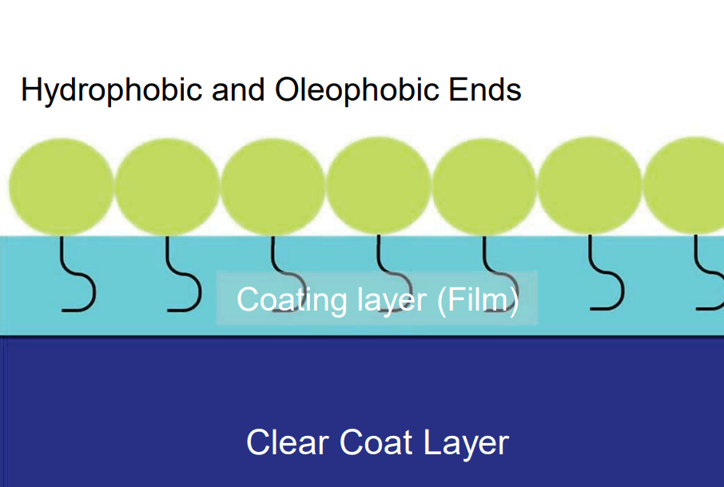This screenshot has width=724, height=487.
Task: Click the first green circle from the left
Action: [x=62, y=186]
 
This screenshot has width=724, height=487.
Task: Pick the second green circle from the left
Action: [x=168, y=186]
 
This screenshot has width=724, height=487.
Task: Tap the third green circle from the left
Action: [x=273, y=186]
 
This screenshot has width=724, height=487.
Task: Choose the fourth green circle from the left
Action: [x=379, y=186]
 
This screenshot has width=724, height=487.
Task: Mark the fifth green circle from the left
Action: [x=484, y=186]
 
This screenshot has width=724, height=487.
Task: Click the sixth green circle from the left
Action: [x=591, y=186]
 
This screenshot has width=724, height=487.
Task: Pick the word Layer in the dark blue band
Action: [x=465, y=442]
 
